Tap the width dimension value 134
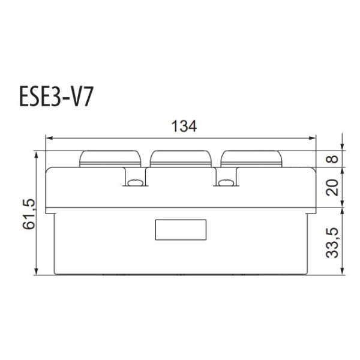click(184, 127)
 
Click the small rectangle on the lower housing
click(181, 230)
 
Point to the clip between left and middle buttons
click(134, 182)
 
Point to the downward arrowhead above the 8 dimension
click(342, 148)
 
